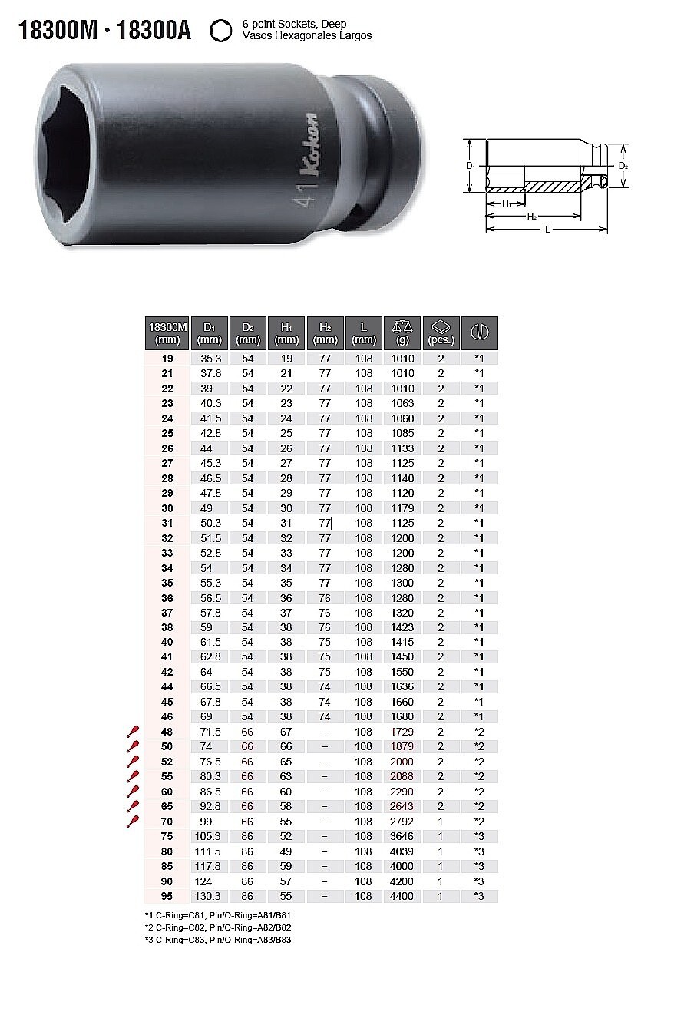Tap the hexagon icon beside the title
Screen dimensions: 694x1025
coord(220,31)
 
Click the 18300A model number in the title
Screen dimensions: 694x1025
coord(154,31)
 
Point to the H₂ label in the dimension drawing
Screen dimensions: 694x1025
coord(531,216)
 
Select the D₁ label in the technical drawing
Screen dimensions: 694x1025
coord(471,166)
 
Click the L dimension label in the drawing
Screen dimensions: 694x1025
coord(547,230)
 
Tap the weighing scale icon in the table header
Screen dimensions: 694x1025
coord(402,327)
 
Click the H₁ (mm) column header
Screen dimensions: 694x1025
coord(286,333)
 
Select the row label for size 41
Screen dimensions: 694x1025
coord(167,656)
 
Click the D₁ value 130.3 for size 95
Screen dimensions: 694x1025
coord(208,896)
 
